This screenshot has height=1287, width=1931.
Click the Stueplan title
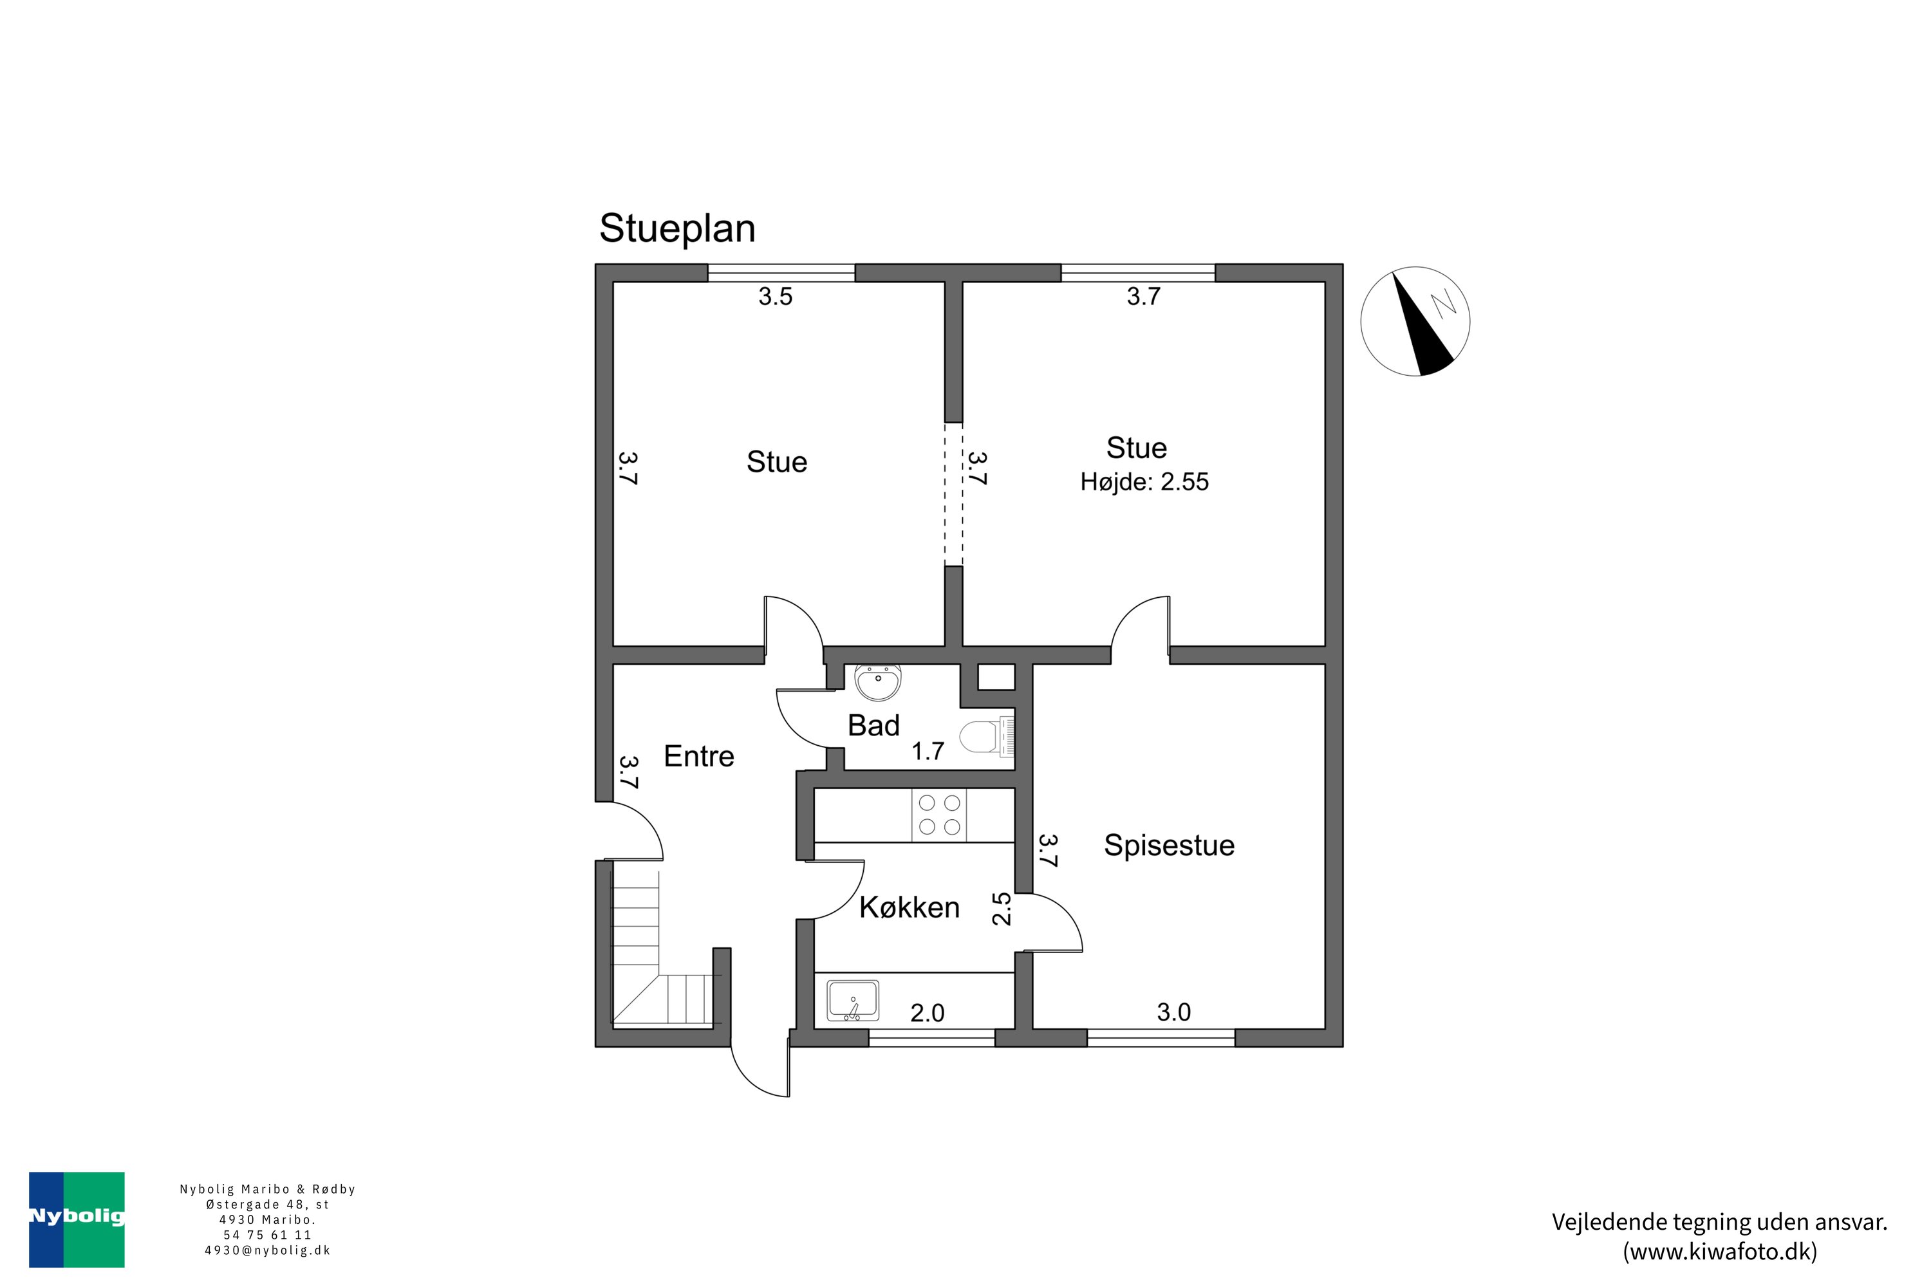tap(677, 228)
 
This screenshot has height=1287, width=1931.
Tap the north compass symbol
tap(1415, 321)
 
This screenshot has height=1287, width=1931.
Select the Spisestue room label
tap(1168, 846)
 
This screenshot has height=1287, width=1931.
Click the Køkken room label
tap(909, 907)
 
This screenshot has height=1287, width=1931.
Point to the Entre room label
tap(698, 756)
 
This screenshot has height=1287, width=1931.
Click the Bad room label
tap(873, 726)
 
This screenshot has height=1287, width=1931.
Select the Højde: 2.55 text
tap(1144, 482)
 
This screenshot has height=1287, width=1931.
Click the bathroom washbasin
tap(878, 681)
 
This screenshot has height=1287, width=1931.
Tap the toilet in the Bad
tap(987, 737)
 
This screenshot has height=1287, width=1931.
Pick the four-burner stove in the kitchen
tap(938, 815)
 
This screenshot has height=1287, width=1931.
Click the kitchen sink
tap(853, 1000)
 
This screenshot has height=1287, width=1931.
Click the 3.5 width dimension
tap(775, 296)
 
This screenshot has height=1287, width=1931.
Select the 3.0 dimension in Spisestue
tap(1173, 1012)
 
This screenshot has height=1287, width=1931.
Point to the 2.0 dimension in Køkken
tap(927, 1013)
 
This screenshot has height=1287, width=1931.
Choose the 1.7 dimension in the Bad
tap(928, 751)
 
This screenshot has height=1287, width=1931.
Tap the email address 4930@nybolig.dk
tap(268, 1251)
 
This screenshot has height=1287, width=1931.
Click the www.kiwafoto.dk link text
tap(1719, 1252)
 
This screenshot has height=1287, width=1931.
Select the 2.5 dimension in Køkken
tap(1002, 909)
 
